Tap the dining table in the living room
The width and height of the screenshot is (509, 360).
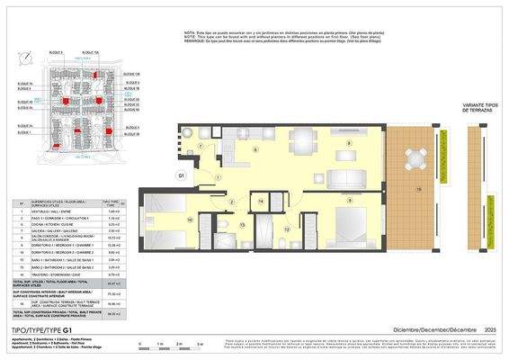(302, 140)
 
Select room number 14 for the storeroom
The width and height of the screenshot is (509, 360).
(261, 203)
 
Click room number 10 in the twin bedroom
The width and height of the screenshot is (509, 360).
(191, 219)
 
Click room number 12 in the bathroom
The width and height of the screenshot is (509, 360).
(287, 229)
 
